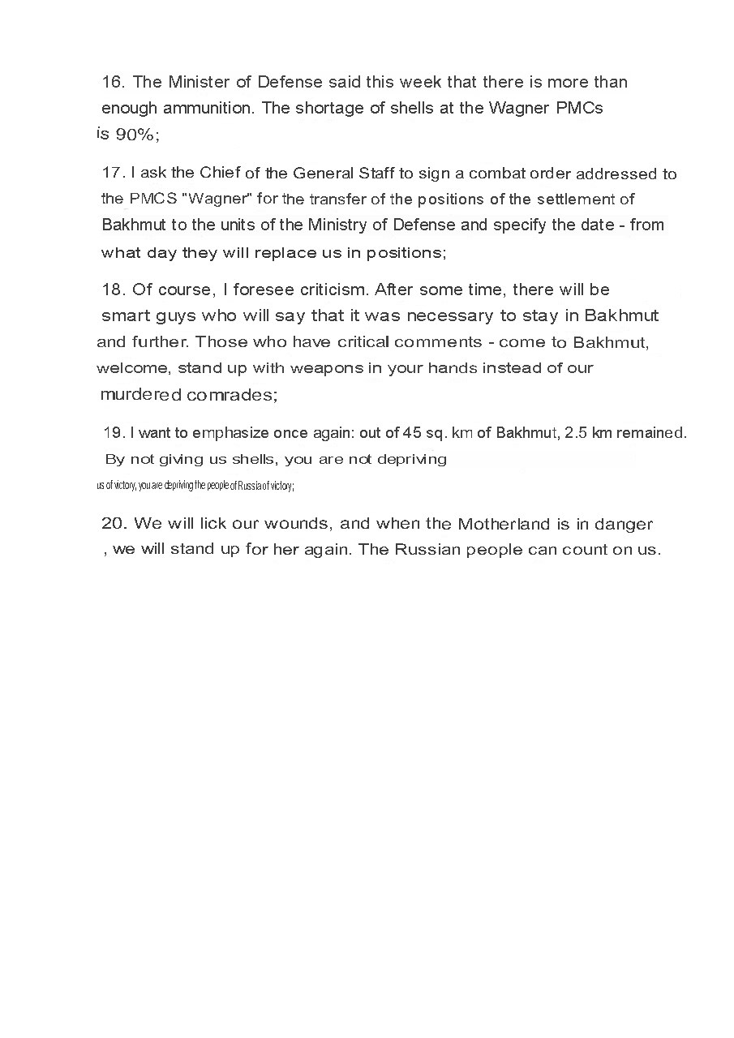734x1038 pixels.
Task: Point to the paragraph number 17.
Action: [x=113, y=174]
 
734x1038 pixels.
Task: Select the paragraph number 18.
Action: [x=113, y=290]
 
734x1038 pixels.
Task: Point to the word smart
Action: [x=126, y=315]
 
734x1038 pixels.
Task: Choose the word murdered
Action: [x=140, y=395]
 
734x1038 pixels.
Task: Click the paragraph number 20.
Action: [x=113, y=523]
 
